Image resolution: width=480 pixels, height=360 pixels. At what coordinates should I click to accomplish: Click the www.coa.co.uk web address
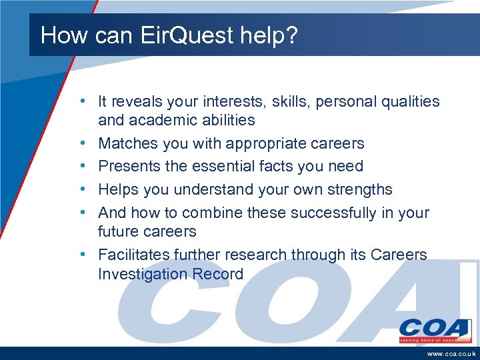click(450, 353)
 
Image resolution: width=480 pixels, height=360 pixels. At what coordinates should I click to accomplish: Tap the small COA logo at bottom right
click(435, 329)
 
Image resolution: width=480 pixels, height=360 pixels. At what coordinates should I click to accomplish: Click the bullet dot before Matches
click(81, 143)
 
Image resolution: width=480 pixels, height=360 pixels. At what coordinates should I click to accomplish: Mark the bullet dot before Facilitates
click(81, 255)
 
